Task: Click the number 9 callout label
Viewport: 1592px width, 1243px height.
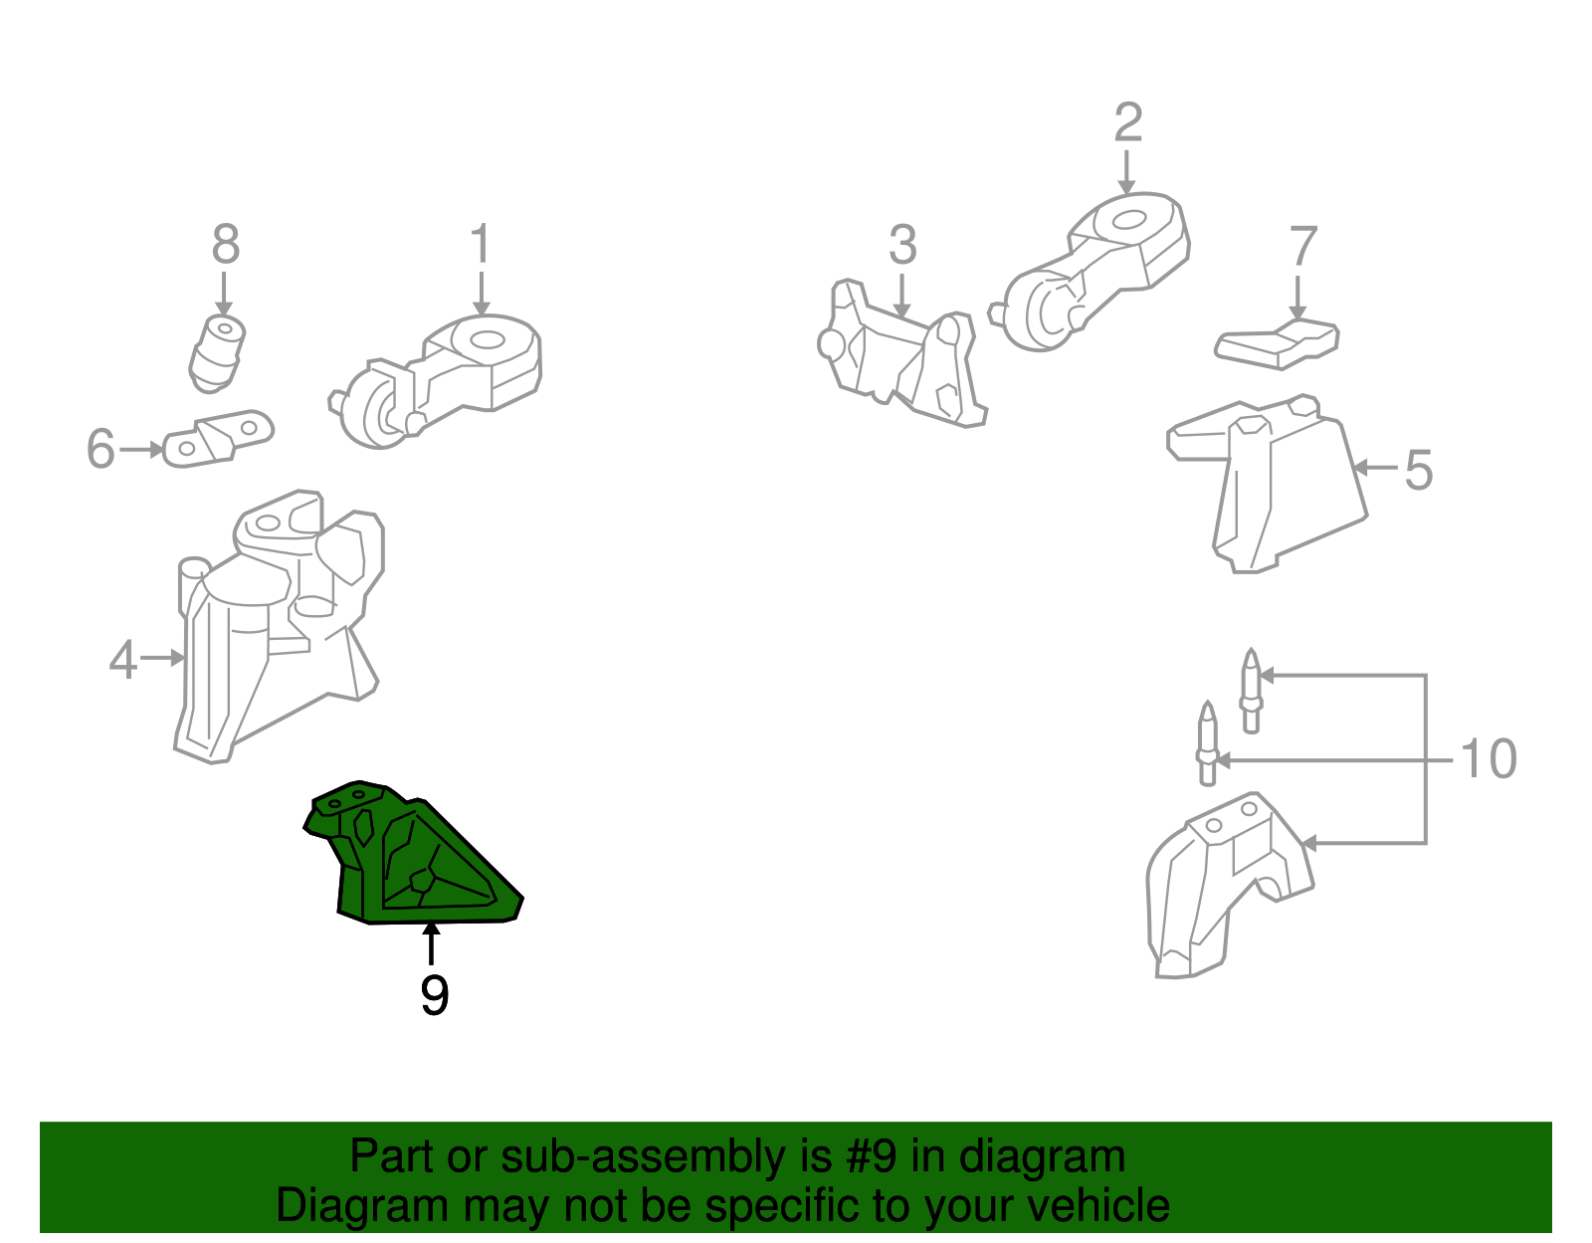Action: (434, 995)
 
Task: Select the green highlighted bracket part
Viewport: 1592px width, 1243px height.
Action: (418, 866)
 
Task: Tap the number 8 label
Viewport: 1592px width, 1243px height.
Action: (226, 245)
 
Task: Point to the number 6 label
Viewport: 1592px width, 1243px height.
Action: (100, 449)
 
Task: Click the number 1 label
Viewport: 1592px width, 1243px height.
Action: (481, 245)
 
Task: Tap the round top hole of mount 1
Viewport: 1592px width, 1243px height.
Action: (487, 339)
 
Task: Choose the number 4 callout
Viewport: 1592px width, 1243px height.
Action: (122, 659)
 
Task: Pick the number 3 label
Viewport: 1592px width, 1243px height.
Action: (901, 245)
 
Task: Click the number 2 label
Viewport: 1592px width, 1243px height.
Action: (1127, 123)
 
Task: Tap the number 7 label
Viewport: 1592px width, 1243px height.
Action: (1302, 247)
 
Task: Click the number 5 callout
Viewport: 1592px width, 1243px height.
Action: (1418, 470)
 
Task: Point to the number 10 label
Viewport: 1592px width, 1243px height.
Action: (1488, 759)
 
